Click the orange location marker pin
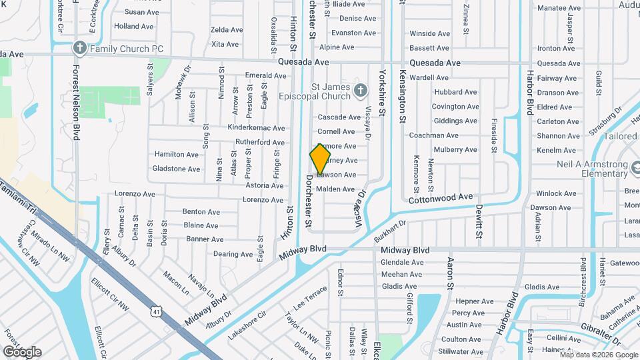point(320,159)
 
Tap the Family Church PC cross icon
point(79,48)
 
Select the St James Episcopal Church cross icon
point(360,90)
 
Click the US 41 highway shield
point(156,311)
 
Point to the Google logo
point(22,351)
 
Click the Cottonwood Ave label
point(440,197)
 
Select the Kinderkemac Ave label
point(256,127)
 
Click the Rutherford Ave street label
point(260,142)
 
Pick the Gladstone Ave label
point(176,169)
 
